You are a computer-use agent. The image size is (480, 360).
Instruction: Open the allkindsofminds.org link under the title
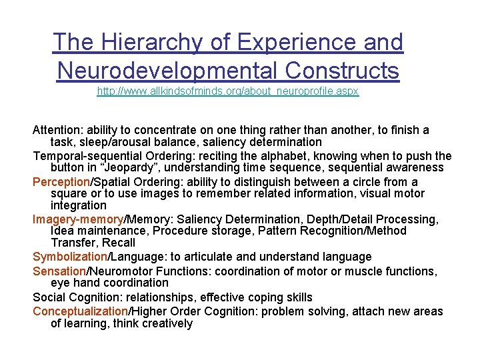pyautogui.click(x=228, y=91)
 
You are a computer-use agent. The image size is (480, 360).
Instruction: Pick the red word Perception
pyautogui.click(x=61, y=182)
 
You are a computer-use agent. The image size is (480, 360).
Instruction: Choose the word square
pyautogui.click(x=68, y=193)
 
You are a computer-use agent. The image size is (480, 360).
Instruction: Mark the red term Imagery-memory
pyautogui.click(x=78, y=219)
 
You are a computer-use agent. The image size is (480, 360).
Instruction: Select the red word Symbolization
pyautogui.click(x=71, y=257)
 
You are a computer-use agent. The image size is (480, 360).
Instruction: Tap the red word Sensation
pyautogui.click(x=60, y=271)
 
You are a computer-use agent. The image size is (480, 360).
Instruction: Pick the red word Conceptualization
pyautogui.click(x=80, y=311)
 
